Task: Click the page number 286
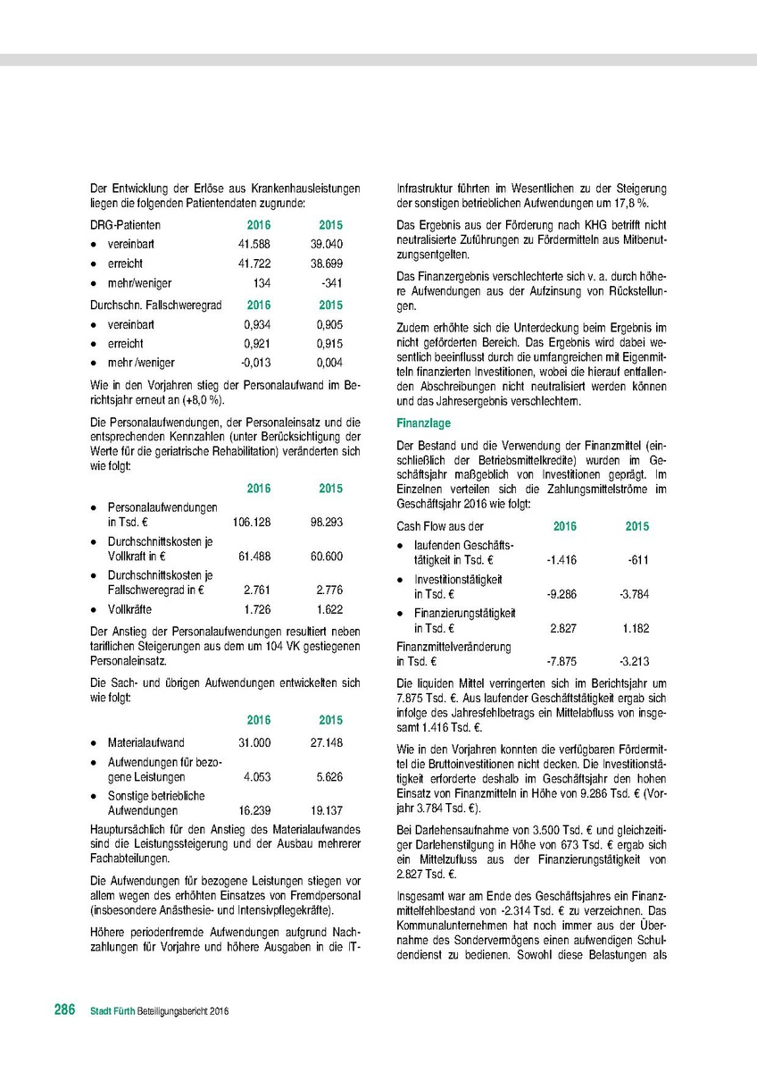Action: tap(64, 1010)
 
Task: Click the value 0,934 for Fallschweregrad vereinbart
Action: tap(257, 323)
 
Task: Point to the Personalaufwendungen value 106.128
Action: tap(251, 521)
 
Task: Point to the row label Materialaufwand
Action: tap(146, 742)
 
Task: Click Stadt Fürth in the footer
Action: tap(111, 1011)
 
